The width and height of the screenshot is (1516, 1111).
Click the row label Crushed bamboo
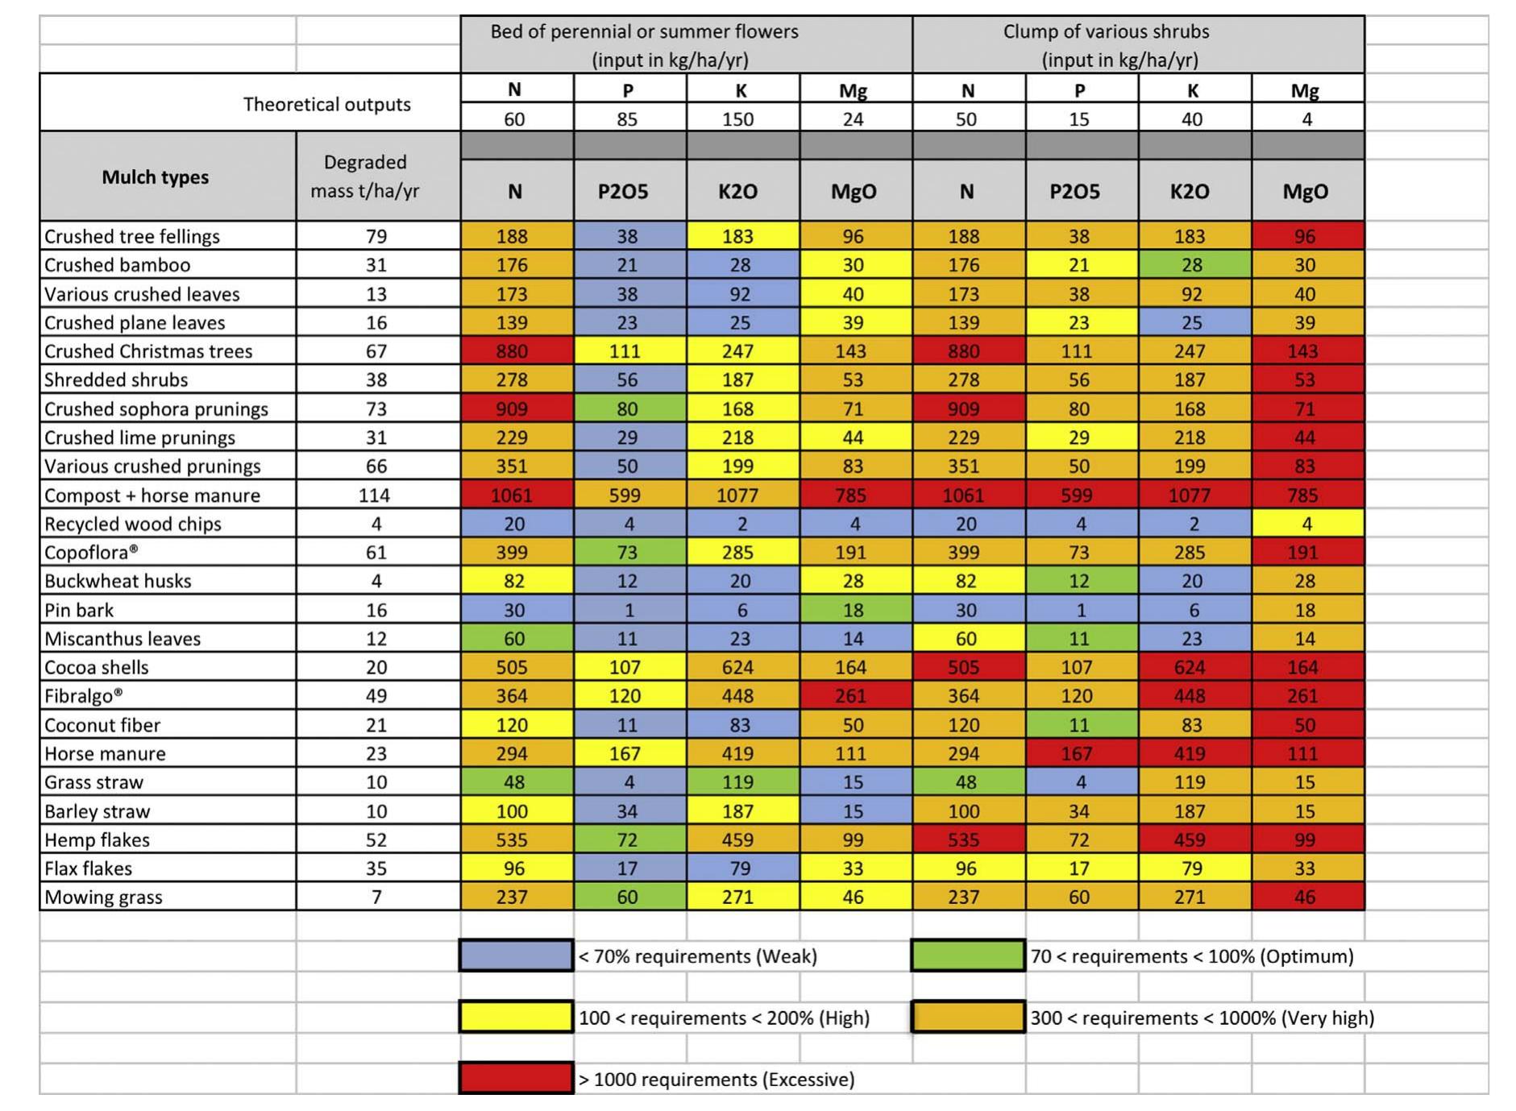(118, 265)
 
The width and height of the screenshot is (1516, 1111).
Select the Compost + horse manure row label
(152, 495)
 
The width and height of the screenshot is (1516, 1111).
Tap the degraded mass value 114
(375, 495)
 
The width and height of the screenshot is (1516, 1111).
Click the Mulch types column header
(155, 177)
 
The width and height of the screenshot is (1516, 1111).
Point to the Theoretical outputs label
(326, 104)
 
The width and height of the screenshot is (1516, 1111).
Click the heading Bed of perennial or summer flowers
(644, 32)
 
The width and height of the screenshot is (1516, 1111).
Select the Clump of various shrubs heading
(1106, 32)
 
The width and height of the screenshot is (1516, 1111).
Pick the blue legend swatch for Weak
(516, 956)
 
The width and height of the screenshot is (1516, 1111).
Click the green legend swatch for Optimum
(968, 956)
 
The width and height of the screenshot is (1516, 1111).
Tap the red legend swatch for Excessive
(516, 1079)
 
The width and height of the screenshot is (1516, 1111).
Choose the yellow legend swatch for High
(516, 1018)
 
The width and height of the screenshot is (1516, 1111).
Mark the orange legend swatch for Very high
(968, 1018)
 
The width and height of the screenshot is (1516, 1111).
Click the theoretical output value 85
(627, 119)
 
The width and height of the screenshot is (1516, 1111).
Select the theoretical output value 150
(738, 119)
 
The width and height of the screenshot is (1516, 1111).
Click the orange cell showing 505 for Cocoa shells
(513, 667)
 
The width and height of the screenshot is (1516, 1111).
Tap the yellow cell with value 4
(1307, 524)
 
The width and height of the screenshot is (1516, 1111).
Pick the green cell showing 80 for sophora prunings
(627, 408)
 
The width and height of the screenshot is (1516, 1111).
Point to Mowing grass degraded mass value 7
(376, 898)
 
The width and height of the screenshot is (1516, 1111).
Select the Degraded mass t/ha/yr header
(365, 176)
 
